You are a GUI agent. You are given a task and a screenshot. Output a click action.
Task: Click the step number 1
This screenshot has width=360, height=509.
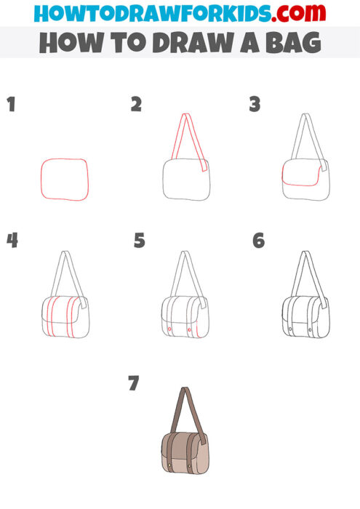(10, 105)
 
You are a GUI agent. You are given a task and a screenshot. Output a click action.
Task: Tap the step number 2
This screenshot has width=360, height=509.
(136, 105)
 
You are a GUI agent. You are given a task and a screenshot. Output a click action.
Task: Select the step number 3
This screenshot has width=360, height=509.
(255, 105)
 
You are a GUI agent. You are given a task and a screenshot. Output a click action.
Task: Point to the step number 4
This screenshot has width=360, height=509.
(12, 240)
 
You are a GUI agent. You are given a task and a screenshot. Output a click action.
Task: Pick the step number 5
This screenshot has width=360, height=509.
(140, 240)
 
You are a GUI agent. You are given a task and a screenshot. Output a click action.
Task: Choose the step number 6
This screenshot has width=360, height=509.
(258, 240)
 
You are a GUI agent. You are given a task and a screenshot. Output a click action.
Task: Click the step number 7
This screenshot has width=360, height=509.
(133, 383)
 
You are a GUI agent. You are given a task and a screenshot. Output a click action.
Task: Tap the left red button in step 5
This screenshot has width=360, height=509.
(169, 330)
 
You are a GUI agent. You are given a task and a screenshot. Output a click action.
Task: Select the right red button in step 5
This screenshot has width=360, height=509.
(190, 330)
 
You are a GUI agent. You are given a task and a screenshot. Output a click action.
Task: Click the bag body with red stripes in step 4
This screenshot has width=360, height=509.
(65, 317)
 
